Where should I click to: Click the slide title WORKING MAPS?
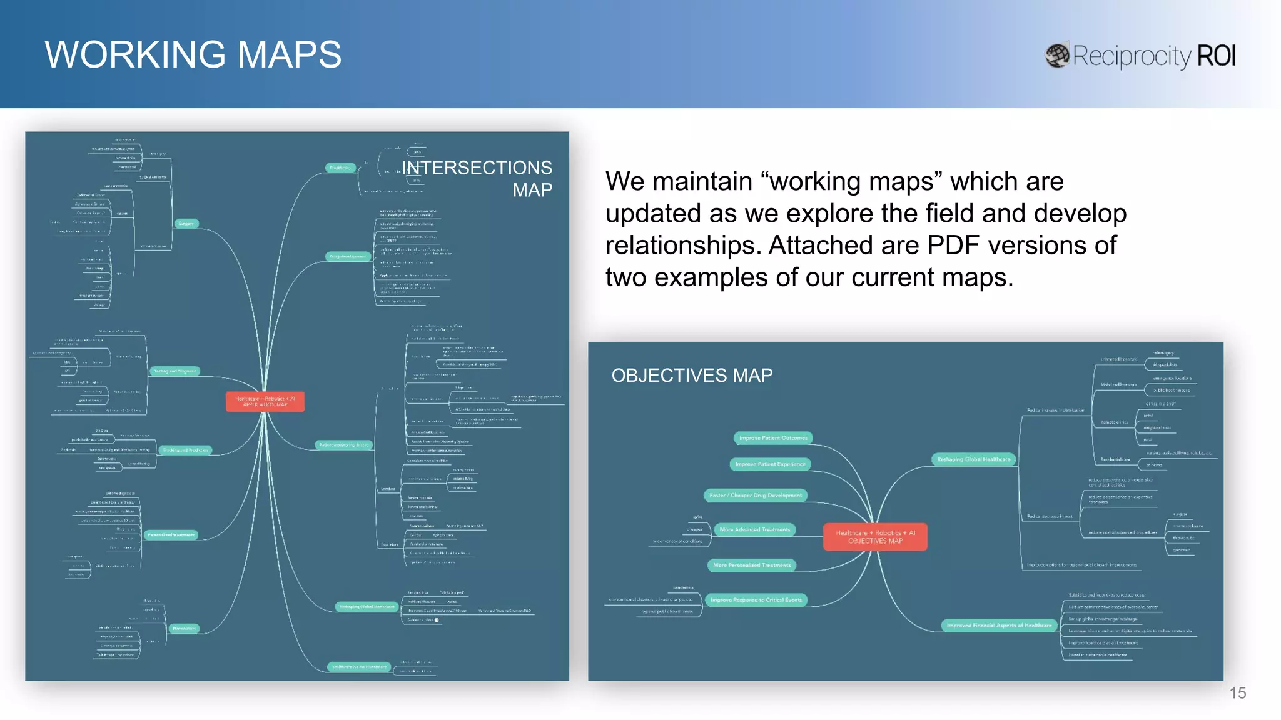coord(193,54)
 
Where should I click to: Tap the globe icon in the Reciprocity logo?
coord(1057,56)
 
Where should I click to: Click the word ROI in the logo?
coord(1216,56)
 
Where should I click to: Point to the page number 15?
coord(1237,693)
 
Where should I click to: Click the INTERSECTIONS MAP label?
coord(477,178)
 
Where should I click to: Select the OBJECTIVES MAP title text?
coord(692,375)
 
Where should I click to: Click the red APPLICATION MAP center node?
coord(265,401)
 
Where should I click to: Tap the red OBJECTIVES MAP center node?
coord(875,537)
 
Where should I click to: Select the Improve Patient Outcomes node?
coord(773,438)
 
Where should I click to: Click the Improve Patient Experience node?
coord(770,464)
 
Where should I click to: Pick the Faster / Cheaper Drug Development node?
coord(756,496)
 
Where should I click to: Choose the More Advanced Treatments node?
coord(754,530)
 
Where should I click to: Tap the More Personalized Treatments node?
coord(752,566)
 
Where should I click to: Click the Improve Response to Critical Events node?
coord(756,600)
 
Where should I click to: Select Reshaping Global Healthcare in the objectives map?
coord(973,459)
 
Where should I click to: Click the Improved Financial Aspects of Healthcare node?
coord(999,626)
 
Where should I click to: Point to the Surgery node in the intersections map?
coord(186,224)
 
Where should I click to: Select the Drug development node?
coord(348,257)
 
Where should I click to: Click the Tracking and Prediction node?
coord(185,450)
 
